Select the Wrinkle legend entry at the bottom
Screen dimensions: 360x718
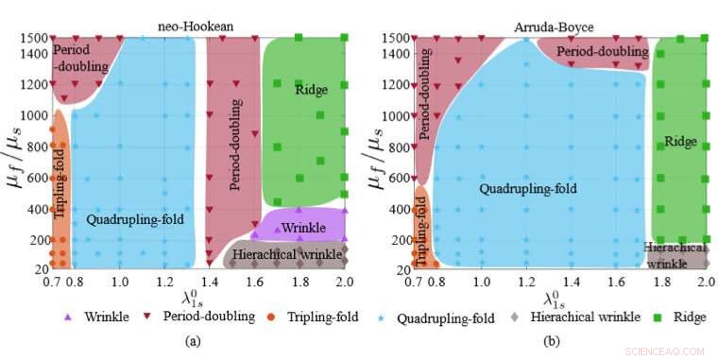coord(98,317)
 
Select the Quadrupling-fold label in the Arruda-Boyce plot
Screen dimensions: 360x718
coord(528,188)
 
